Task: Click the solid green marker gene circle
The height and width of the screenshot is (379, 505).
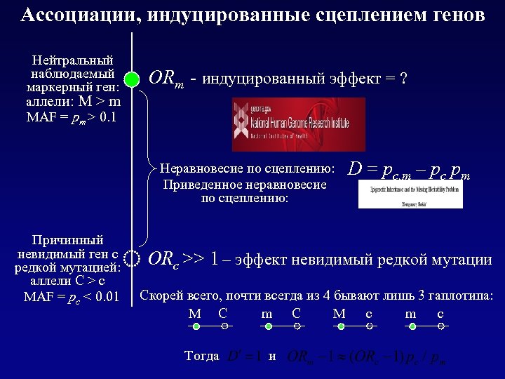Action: [133, 79]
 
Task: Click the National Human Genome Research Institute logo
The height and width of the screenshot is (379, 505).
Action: [298, 124]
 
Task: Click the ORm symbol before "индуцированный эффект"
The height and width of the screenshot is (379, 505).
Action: [166, 79]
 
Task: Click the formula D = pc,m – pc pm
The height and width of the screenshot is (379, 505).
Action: [409, 169]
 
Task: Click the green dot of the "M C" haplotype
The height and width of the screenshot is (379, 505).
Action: [196, 327]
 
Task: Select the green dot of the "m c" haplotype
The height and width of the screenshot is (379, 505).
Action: [412, 327]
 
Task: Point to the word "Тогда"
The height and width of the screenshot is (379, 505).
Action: [201, 356]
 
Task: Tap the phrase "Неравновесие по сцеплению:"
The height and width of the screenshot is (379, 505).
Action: [247, 168]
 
